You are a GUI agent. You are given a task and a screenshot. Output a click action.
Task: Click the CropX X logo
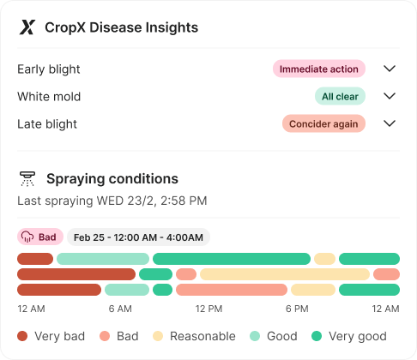pos(27,27)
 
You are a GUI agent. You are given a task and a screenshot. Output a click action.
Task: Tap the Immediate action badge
pos(319,69)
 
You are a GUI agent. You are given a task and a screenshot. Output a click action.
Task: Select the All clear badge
pos(340,96)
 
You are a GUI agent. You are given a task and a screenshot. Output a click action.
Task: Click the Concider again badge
pos(323,123)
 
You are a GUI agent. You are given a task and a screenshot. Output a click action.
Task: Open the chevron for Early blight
pos(390,69)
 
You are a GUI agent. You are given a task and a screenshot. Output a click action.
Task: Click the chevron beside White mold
pos(390,96)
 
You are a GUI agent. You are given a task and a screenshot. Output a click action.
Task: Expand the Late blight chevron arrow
pos(390,123)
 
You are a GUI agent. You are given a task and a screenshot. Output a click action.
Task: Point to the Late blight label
pos(47,124)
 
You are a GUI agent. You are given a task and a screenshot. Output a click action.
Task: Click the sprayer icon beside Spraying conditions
pos(27,179)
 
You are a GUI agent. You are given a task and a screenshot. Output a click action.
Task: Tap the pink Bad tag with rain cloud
pos(40,237)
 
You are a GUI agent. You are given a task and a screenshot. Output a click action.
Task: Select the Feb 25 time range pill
pos(138,237)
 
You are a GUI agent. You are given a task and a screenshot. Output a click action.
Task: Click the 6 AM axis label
pos(120,309)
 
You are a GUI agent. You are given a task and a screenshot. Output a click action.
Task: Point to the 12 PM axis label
pos(208,309)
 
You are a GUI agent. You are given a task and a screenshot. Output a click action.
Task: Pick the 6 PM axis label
pos(297,309)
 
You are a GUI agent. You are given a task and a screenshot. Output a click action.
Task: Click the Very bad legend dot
pos(22,336)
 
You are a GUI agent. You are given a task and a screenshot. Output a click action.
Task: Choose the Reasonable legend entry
pos(194,336)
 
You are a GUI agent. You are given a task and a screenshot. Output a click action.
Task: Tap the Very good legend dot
pos(317,336)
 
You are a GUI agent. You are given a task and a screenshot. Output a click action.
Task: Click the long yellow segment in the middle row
pos(285,274)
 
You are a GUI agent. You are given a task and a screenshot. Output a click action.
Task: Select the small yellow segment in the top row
pos(324,259)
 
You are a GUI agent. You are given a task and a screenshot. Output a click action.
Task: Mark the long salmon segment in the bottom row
pos(232,290)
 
